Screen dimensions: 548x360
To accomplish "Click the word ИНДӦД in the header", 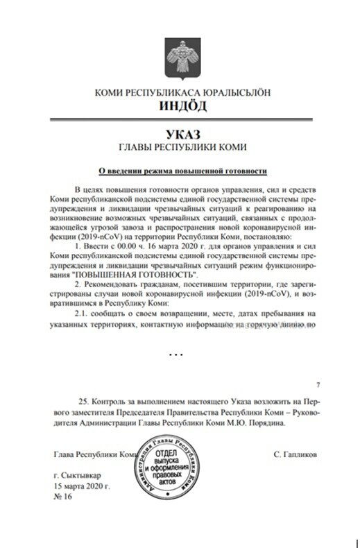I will click(x=180, y=106).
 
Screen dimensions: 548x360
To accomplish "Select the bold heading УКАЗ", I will click(x=180, y=132).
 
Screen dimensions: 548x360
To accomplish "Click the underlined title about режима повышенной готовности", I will click(x=180, y=169).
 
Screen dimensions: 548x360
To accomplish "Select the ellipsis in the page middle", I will click(x=176, y=354).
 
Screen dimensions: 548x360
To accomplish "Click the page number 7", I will click(x=317, y=384).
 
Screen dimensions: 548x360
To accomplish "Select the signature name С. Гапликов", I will click(x=295, y=455).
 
